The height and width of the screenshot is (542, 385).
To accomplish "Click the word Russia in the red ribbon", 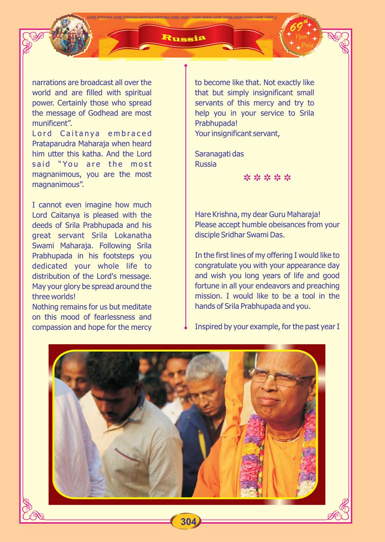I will (x=183, y=38).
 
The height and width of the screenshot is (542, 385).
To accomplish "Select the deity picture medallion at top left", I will (x=71, y=35).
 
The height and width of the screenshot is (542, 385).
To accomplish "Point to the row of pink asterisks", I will (x=267, y=178).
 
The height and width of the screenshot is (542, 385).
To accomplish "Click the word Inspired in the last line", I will (x=208, y=326).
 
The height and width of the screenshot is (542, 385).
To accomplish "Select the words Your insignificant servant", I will (x=237, y=133).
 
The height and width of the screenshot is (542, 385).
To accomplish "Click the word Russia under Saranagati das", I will (x=206, y=164).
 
